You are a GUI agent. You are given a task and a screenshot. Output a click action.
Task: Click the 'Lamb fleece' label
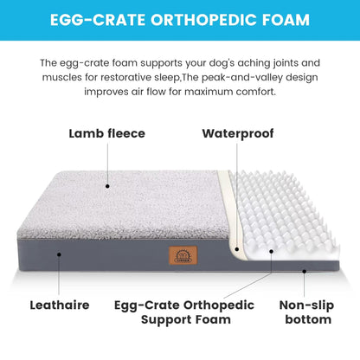[107, 134]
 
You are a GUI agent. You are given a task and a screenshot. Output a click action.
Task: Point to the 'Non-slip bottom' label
[307, 312]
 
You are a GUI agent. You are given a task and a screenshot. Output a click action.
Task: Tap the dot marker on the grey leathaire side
[59, 254]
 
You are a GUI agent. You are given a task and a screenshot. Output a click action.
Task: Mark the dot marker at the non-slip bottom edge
[305, 271]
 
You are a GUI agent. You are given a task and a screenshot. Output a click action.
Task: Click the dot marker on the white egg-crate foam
[271, 254]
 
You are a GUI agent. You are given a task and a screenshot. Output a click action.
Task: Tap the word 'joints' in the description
[260, 63]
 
